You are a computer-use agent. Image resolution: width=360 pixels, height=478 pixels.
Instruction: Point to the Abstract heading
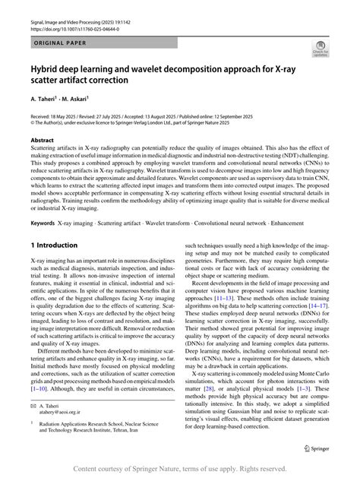[42, 141]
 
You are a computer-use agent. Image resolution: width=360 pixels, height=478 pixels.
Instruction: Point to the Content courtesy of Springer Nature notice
[179, 468]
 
